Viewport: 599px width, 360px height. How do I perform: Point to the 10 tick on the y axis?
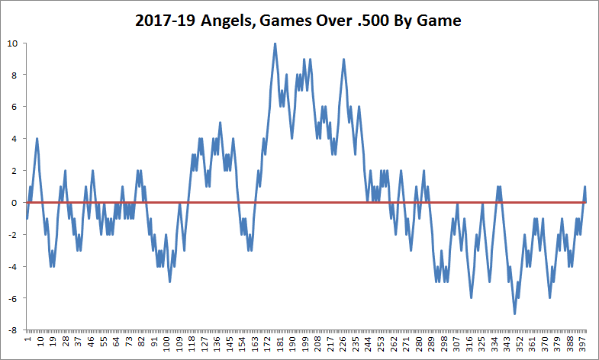point(12,43)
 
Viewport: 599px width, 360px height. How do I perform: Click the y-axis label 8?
point(14,75)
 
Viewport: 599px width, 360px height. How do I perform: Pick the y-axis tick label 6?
point(14,107)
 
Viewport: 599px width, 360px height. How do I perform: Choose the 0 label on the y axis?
point(14,203)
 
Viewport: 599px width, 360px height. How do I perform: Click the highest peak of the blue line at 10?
point(275,43)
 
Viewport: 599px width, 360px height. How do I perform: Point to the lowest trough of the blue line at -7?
point(514,313)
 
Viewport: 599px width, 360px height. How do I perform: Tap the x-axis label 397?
point(583,345)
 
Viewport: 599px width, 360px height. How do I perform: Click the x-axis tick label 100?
point(166,345)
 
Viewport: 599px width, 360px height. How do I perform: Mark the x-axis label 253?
point(381,345)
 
